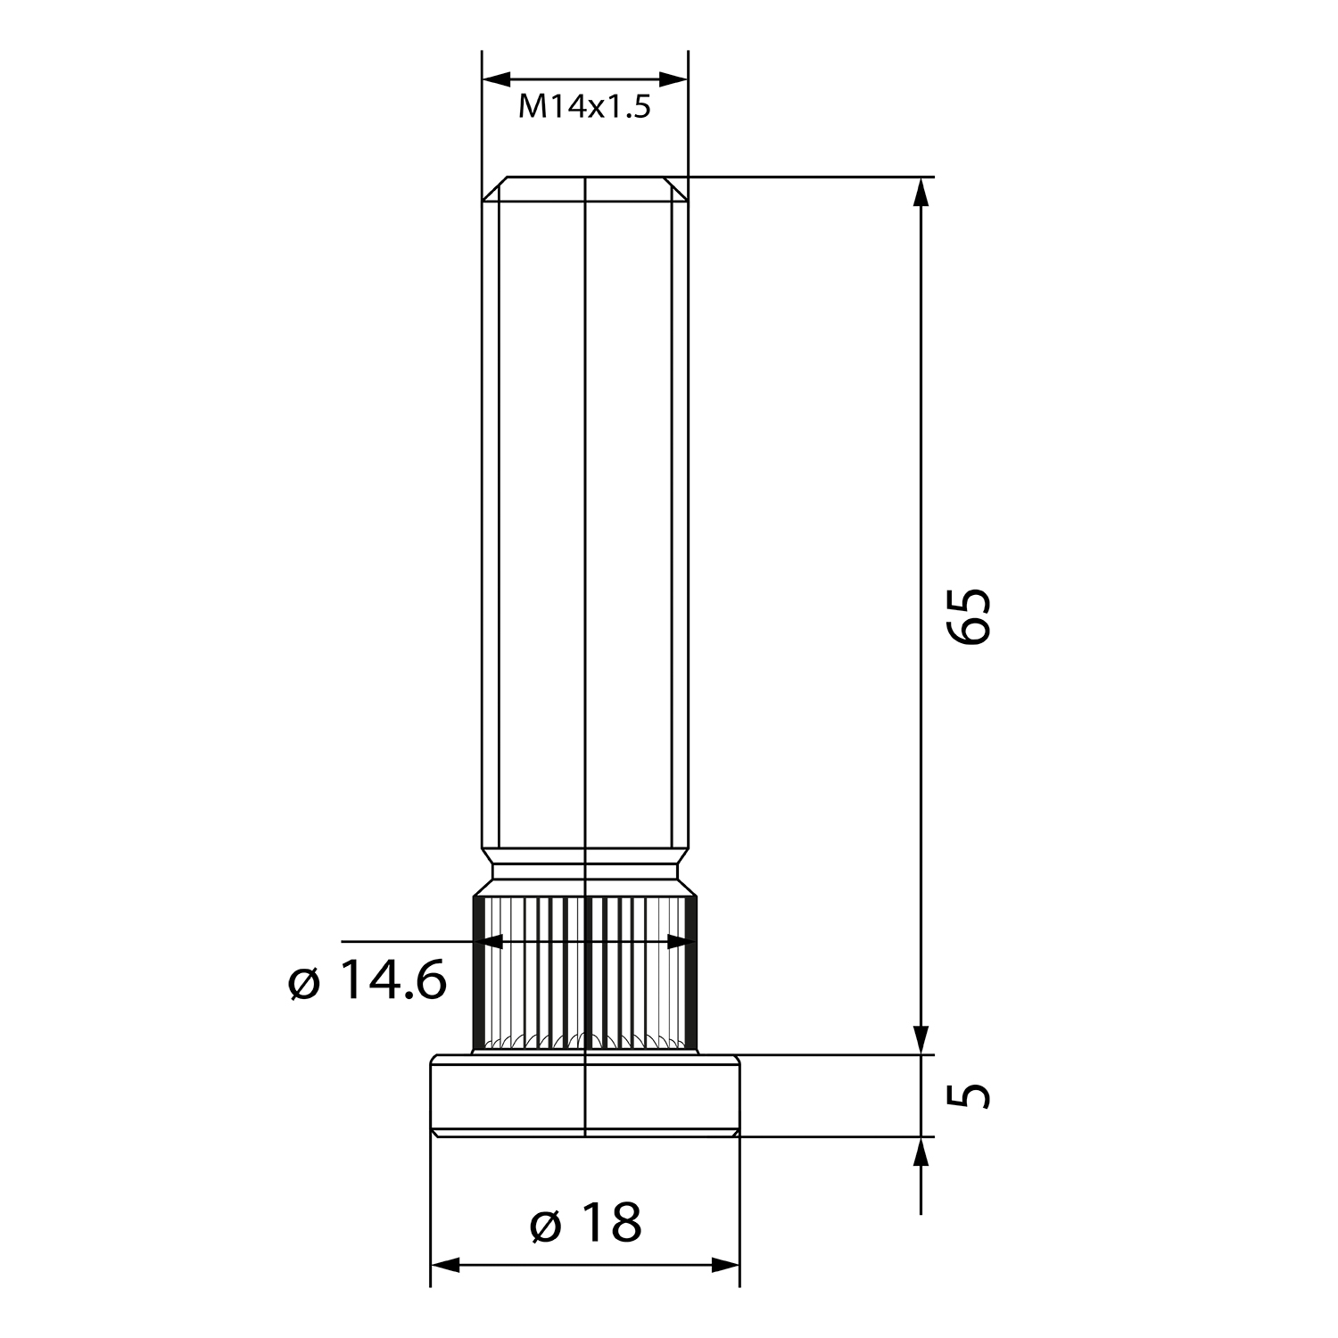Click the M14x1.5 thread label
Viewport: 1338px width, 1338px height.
[584, 108]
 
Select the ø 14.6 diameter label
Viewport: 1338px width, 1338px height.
[368, 982]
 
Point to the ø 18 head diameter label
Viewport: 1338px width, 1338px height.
[585, 1222]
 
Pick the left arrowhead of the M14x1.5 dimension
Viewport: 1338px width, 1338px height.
[499, 79]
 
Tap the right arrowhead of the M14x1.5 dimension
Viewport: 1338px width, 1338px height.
[673, 79]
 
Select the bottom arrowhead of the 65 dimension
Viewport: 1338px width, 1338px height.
[921, 1037]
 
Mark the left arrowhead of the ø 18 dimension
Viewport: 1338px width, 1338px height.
[447, 1265]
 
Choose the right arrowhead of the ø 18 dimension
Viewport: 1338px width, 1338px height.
[723, 1265]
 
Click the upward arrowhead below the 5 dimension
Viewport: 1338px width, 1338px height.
[921, 1153]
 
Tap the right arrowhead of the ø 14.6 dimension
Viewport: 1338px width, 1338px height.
[680, 940]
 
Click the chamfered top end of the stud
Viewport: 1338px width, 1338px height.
[585, 188]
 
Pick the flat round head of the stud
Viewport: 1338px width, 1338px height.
[585, 1095]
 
